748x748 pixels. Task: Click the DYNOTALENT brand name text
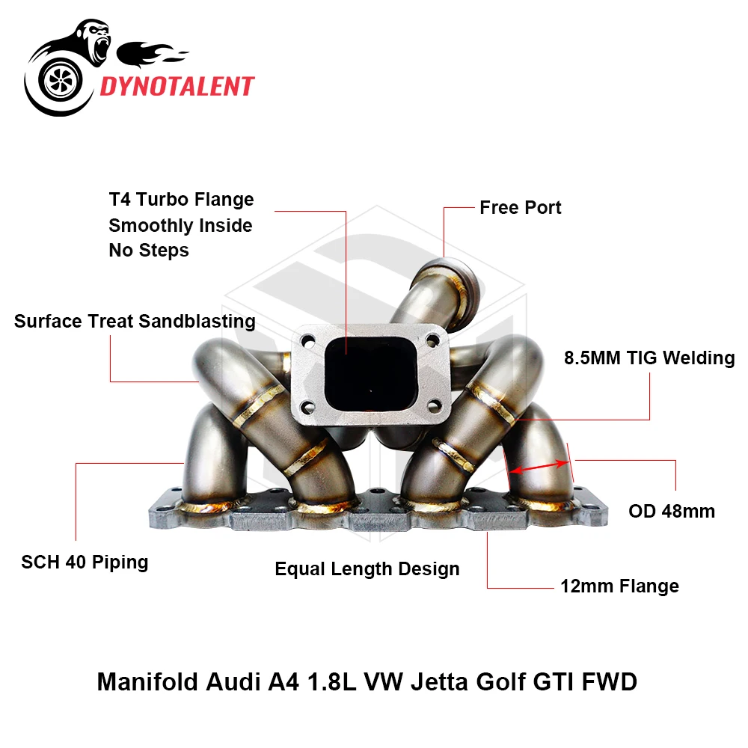[x=177, y=86]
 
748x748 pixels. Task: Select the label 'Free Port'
[x=520, y=207]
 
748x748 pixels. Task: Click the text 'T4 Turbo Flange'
[x=181, y=200]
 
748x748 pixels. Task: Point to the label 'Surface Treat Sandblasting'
[x=135, y=322]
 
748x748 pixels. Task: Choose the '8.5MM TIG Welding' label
[x=649, y=358]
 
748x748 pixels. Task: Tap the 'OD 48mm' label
[x=671, y=512]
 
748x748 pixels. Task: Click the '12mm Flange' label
[x=619, y=586]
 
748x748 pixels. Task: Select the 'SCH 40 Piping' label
[x=85, y=562]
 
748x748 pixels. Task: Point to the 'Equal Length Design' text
[x=367, y=569]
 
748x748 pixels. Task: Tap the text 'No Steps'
[x=148, y=250]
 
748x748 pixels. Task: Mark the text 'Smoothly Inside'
[x=180, y=225]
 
